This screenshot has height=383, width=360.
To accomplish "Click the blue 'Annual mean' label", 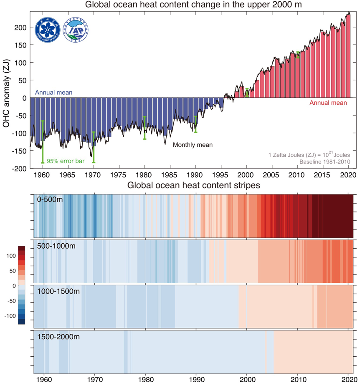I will (x=53, y=92).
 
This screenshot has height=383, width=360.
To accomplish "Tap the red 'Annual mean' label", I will (x=328, y=103).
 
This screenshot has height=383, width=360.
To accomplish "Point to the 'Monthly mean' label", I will (x=193, y=145).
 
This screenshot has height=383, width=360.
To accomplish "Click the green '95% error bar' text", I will (x=66, y=161).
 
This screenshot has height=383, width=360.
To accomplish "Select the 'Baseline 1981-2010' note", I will (x=328, y=161).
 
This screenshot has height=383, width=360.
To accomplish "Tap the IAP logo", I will (x=75, y=29).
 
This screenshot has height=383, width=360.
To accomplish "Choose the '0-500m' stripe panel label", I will (x=50, y=200).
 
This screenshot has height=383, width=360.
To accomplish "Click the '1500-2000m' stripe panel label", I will (x=57, y=336).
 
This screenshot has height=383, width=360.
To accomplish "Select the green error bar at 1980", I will (x=145, y=128).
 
